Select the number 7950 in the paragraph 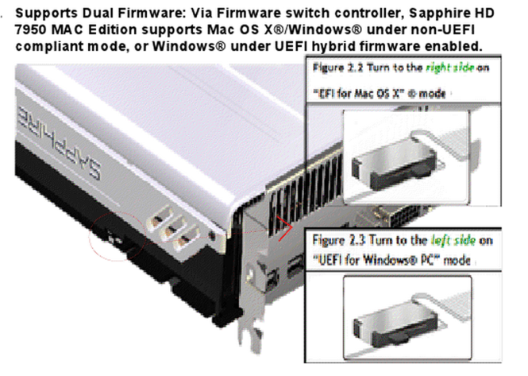31,29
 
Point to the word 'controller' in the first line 369,14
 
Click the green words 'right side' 449,68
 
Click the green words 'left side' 453,240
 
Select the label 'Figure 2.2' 337,68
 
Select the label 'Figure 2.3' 339,240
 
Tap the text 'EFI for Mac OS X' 358,93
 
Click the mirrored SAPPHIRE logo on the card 59,144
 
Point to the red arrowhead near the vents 284,228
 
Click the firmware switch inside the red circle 115,238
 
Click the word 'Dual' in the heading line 98,14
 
